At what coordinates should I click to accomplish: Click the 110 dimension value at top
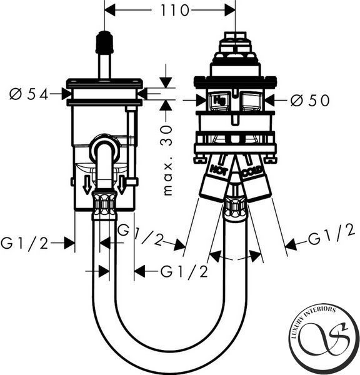(174, 11)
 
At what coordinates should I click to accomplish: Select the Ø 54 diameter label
(29, 94)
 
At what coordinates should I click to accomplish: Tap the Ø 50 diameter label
(310, 101)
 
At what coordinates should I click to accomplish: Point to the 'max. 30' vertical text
(167, 160)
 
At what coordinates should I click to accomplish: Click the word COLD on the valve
(252, 171)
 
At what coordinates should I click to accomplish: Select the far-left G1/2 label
(24, 244)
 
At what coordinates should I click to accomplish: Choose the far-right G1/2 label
(331, 236)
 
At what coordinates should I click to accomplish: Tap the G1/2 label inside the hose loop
(184, 272)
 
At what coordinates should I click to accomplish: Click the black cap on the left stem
(104, 42)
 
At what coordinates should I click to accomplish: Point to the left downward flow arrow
(87, 185)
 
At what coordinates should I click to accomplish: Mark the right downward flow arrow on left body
(121, 185)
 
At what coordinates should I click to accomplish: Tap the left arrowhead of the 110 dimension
(110, 10)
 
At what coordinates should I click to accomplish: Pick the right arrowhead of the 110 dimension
(230, 10)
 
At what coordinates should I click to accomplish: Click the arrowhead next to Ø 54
(66, 94)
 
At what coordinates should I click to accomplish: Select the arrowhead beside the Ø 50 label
(270, 100)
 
